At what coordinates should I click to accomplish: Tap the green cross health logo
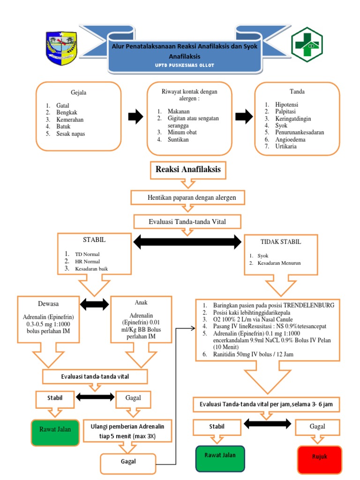tap(307, 45)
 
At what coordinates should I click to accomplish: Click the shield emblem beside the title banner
tap(61, 48)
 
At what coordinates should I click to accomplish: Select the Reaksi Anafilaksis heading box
tap(188, 170)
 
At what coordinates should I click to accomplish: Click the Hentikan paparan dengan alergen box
tap(187, 197)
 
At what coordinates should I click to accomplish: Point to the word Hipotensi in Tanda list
tap(286, 105)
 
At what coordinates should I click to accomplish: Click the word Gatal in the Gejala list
tap(62, 105)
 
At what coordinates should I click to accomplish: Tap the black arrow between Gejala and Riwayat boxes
tap(135, 117)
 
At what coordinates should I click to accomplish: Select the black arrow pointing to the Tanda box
tap(244, 117)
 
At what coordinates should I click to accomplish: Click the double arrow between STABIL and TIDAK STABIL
tap(187, 242)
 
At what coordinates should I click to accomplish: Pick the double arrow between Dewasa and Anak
tap(94, 304)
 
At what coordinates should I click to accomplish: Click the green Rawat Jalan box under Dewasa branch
tap(55, 433)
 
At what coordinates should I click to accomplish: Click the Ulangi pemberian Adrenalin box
tap(127, 431)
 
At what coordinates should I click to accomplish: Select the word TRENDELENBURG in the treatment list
tap(309, 305)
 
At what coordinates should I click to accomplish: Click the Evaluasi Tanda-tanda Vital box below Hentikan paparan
tap(187, 222)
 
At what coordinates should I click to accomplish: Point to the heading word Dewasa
tap(48, 304)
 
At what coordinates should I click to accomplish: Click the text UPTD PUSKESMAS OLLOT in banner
tap(185, 65)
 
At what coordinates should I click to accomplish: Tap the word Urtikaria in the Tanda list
tap(286, 146)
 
